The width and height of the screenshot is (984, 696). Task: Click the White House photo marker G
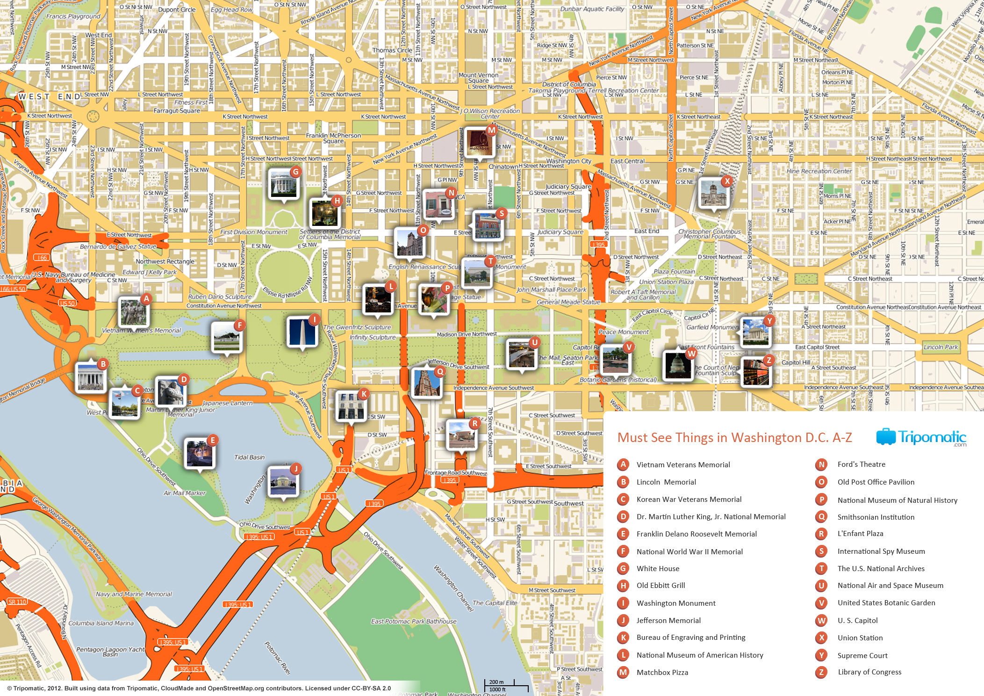[x=283, y=184]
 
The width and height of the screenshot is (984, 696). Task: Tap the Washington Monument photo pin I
[x=302, y=332]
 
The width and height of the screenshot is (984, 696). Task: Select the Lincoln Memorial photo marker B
[x=91, y=376]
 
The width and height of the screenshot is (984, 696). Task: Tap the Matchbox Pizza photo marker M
[x=479, y=142]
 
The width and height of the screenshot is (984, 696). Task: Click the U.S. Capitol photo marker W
[x=677, y=365]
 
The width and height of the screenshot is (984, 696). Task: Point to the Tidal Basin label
[x=249, y=457]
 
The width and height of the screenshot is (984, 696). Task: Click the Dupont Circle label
[x=177, y=9]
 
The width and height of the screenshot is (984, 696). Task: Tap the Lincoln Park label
[x=941, y=347]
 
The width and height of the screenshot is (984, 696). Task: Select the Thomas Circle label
[x=392, y=50]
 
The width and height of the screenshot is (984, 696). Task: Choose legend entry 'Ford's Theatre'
[x=861, y=464]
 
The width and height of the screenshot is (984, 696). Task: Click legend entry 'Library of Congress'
[x=869, y=672]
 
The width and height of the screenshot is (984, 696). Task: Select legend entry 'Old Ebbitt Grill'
[x=661, y=586]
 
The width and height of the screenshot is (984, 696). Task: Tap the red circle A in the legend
[x=623, y=464]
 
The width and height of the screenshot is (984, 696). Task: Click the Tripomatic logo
[x=921, y=437]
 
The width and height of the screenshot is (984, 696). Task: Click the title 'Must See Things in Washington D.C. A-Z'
[x=734, y=437]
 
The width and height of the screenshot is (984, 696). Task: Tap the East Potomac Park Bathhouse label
[x=413, y=622]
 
